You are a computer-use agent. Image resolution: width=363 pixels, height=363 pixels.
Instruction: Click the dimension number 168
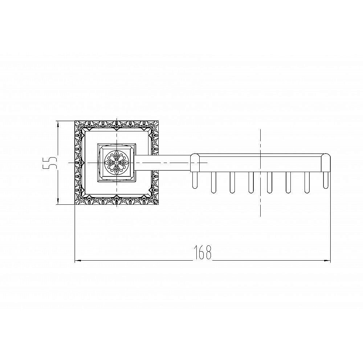203,252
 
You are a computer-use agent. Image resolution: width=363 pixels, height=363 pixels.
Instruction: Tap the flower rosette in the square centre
117,163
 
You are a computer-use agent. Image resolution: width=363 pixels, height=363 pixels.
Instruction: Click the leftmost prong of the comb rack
195,180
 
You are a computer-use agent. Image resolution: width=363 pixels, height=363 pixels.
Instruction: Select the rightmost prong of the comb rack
326,180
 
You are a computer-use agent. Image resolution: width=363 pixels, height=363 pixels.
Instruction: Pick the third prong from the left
232,183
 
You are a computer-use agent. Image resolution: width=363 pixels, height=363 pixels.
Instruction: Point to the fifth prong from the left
269,183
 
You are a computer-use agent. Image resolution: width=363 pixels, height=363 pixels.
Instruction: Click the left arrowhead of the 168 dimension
78,261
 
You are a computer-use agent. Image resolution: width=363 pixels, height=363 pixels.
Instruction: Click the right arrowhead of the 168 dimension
327,261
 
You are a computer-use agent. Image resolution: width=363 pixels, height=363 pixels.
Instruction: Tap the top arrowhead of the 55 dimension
58,124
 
